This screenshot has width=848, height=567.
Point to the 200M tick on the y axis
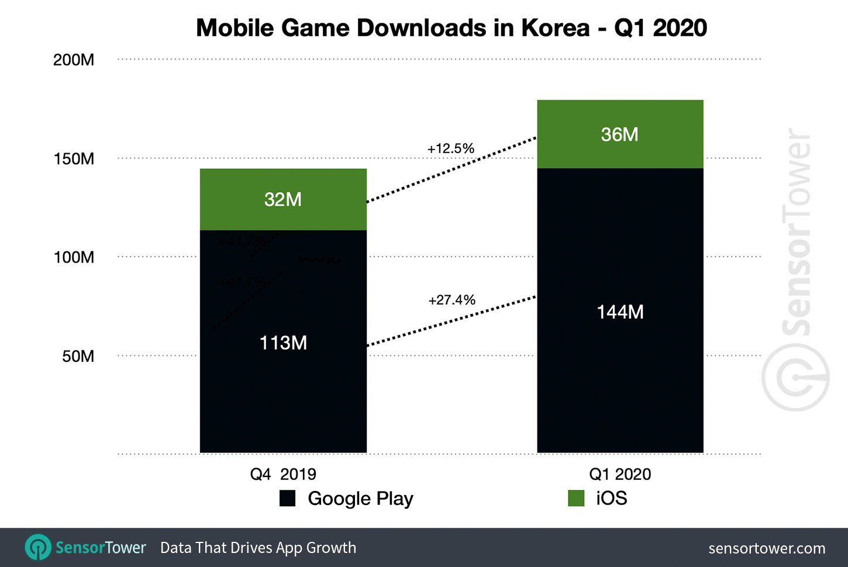(x=74, y=60)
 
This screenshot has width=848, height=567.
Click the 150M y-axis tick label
(x=74, y=158)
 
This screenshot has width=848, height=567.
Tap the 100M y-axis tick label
(x=74, y=257)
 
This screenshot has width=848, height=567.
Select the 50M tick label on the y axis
(x=78, y=356)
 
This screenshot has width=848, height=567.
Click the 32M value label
(x=283, y=199)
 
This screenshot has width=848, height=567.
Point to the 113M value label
(x=283, y=343)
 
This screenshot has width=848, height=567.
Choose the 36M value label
(x=620, y=134)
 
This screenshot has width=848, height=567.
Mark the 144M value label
(x=620, y=312)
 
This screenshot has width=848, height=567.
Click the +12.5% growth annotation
(x=450, y=148)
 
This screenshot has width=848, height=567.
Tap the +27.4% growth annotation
(x=451, y=300)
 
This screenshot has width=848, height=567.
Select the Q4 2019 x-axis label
(x=283, y=473)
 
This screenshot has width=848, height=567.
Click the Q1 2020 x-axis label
(x=620, y=473)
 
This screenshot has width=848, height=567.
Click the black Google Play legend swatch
(x=287, y=498)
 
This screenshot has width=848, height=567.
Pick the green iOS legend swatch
(x=576, y=498)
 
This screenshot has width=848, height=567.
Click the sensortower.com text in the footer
(x=766, y=548)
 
